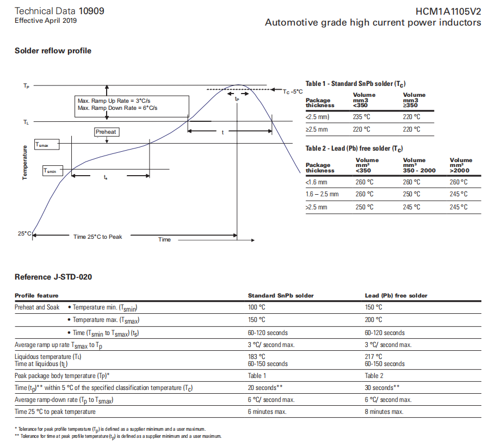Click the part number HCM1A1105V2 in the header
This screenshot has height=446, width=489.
coord(448,11)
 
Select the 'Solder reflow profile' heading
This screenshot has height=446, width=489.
coord(53,51)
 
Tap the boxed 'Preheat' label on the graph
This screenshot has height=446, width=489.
coord(106,132)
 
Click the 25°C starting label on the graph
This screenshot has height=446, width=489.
coord(24,233)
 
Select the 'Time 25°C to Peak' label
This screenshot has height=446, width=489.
coord(98,237)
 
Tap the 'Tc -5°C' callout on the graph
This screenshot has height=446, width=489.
coord(293,92)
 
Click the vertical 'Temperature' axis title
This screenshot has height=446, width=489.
coord(25,163)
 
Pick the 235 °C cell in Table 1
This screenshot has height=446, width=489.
coord(361,117)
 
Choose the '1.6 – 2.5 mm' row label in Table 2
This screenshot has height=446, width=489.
coord(322,194)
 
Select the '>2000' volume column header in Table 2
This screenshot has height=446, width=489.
coord(461,165)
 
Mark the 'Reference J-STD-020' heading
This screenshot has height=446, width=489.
coord(53,277)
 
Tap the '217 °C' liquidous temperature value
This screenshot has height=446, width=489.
coord(373,357)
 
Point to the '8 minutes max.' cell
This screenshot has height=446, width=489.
coord(384,412)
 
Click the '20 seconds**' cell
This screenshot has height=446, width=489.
coord(264,388)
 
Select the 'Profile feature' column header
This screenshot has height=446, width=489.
coord(36,296)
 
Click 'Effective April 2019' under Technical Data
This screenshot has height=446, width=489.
coord(46,21)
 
